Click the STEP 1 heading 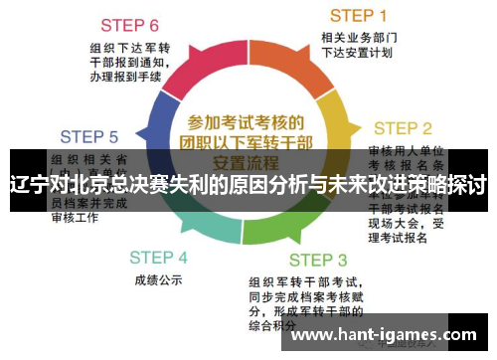point(358,15)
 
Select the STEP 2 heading point(402,128)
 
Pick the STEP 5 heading point(88,136)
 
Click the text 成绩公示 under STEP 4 point(158,280)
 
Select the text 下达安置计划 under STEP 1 point(357,53)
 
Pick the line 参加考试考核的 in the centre point(245,121)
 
